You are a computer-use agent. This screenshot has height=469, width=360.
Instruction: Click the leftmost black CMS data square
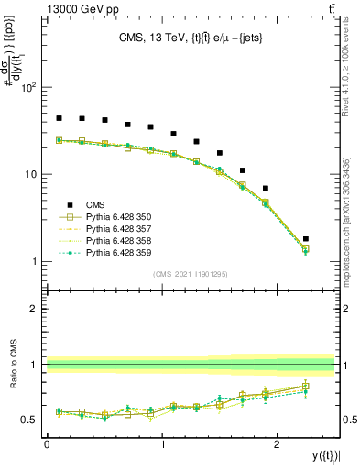(59, 118)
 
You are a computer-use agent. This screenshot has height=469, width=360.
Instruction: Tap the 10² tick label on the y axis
(28, 88)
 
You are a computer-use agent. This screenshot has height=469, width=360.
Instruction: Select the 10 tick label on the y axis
(31, 175)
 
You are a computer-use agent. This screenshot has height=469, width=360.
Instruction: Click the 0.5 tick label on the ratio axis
(29, 420)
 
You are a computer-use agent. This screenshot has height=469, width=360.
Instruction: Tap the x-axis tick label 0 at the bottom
(47, 442)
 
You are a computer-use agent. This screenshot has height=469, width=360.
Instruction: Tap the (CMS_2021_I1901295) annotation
(191, 274)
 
